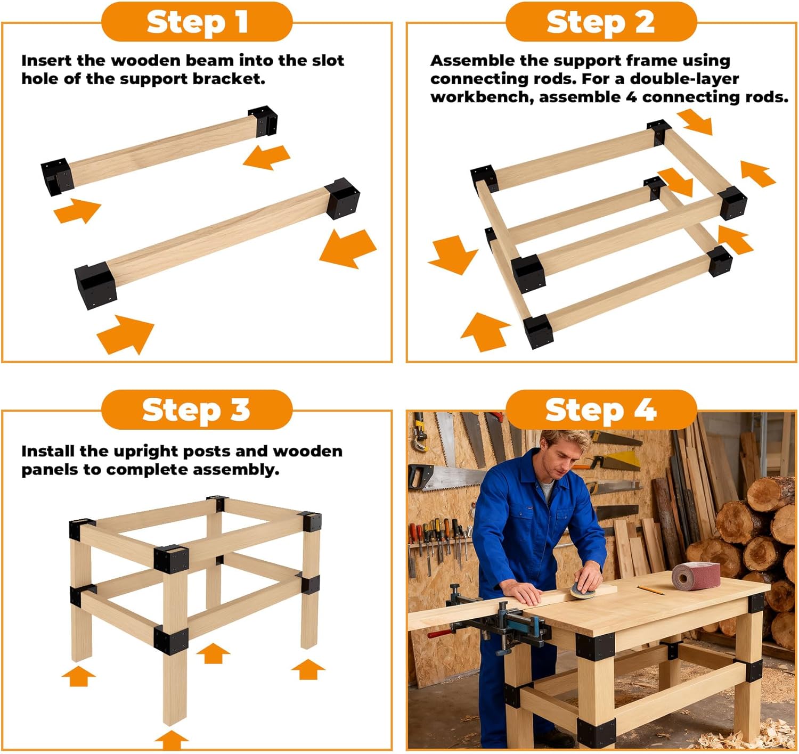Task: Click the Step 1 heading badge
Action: tap(197, 22)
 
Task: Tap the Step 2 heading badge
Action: tap(601, 22)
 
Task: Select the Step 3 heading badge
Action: tap(197, 409)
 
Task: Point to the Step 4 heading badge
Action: tap(601, 409)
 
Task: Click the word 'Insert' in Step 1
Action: tap(47, 60)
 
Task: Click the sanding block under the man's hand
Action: tap(581, 590)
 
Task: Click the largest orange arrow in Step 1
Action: tap(349, 248)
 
